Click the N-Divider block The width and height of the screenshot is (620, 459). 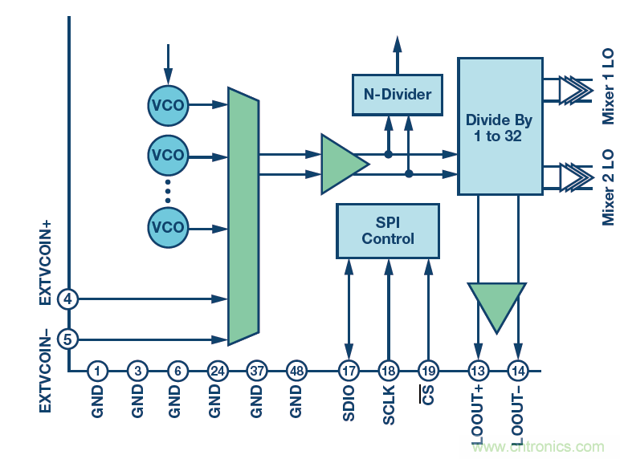397,94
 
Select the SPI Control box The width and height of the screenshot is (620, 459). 388,230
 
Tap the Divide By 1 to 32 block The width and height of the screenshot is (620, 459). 499,126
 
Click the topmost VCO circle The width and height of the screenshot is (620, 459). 168,104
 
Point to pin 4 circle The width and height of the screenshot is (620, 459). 68,299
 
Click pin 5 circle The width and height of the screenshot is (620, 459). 68,339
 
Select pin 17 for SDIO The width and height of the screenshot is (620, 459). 349,371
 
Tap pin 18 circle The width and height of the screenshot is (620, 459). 389,371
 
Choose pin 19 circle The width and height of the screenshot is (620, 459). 428,371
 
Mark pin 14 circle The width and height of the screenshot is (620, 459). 519,371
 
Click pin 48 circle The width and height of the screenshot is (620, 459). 297,371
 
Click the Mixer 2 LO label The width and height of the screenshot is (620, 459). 608,186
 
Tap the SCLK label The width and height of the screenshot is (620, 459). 389,406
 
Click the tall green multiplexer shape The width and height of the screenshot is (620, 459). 243,216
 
